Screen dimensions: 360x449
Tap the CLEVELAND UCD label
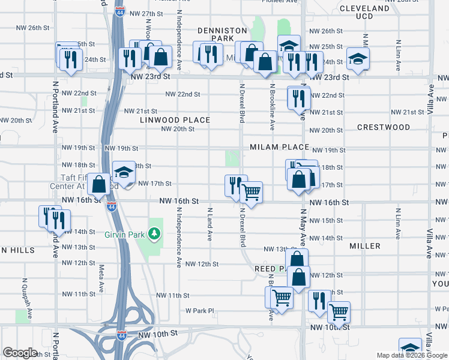pos(381,13)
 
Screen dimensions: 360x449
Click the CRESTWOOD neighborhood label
pos(383,127)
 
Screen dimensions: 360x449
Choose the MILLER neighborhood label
pos(365,246)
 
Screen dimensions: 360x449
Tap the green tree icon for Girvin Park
pos(155,232)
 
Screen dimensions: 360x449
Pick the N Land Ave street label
pos(209,224)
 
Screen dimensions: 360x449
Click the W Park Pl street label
pos(199,311)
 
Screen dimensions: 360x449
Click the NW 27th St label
pos(143,13)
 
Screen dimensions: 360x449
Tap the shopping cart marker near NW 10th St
pos(339,312)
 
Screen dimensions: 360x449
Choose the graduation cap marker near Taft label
pos(124,172)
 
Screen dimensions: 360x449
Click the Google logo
pos(20,352)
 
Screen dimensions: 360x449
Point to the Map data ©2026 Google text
pos(412,355)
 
